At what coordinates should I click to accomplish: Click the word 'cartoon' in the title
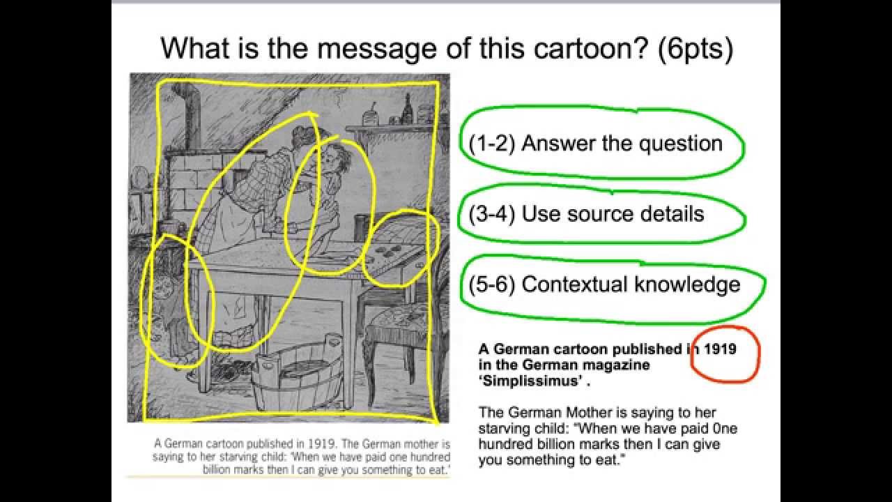pyautogui.click(x=586, y=48)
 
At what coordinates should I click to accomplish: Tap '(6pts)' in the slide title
pyautogui.click(x=695, y=49)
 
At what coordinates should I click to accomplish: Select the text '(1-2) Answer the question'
pyautogui.click(x=596, y=144)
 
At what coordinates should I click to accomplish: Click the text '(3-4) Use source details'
pyautogui.click(x=587, y=214)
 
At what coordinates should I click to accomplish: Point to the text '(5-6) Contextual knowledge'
pyautogui.click(x=604, y=284)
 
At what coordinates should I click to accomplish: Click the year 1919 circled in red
pyautogui.click(x=720, y=349)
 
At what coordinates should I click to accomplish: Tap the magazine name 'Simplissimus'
pyautogui.click(x=534, y=381)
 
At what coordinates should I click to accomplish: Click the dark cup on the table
pyautogui.click(x=361, y=228)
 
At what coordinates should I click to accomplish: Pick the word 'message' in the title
pyautogui.click(x=376, y=49)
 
